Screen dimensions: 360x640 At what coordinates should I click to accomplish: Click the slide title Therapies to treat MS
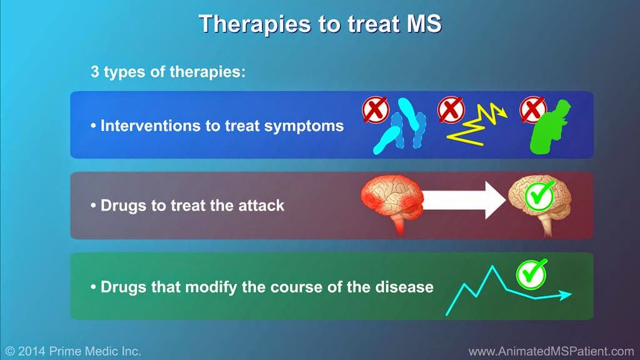click(x=320, y=23)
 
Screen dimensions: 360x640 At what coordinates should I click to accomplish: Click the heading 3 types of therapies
click(x=168, y=71)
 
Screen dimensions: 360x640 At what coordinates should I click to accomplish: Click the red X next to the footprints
click(x=375, y=110)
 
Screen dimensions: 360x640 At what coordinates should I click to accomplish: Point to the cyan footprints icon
click(x=401, y=131)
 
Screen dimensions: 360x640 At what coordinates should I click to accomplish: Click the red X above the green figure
click(x=532, y=110)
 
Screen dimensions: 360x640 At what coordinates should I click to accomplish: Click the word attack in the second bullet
click(x=259, y=206)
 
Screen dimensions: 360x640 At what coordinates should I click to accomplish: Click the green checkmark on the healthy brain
click(x=539, y=196)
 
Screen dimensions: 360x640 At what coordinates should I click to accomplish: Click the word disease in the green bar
click(x=407, y=287)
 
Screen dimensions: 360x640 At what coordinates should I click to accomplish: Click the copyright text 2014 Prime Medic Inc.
click(x=73, y=351)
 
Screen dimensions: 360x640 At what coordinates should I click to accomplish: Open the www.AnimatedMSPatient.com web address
click(x=551, y=351)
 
